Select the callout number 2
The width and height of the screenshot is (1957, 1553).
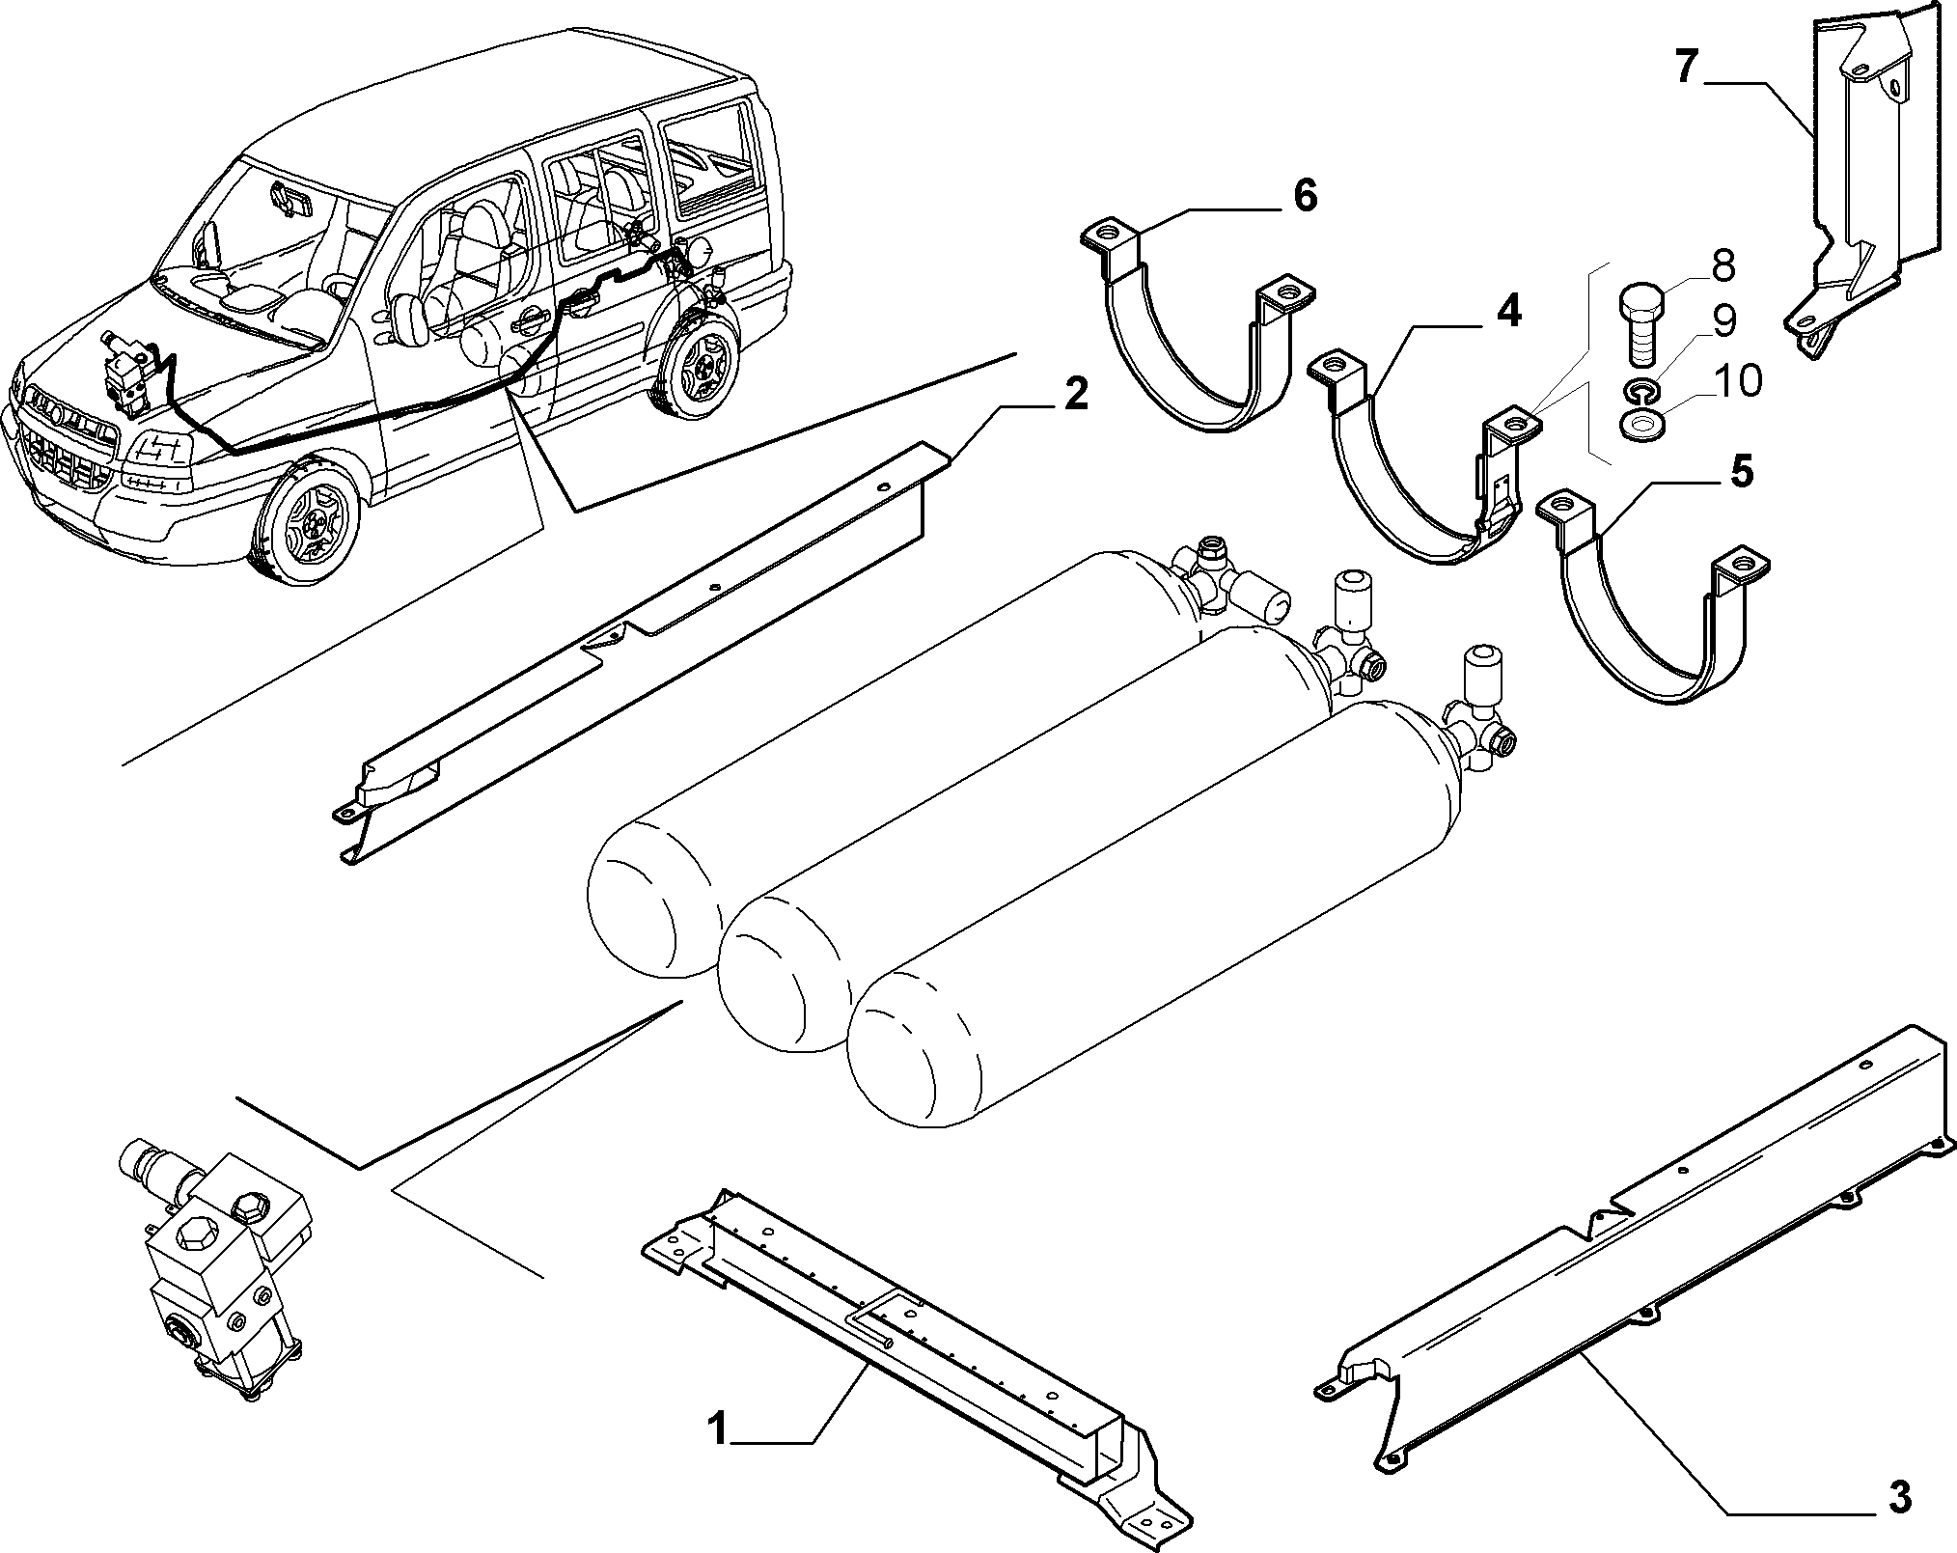click(1075, 393)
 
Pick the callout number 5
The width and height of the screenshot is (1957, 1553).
click(1742, 473)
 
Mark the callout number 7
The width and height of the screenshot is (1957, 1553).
click(1685, 68)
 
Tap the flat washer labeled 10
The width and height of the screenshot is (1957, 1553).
click(1638, 426)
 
